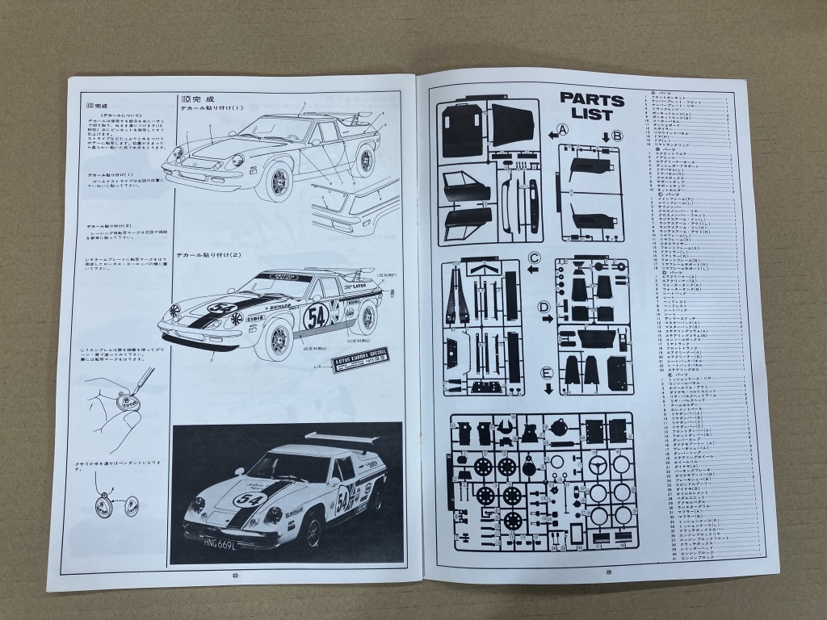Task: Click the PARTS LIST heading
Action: pos(592,107)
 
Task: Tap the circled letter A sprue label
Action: pos(563,128)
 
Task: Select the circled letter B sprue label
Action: pos(617,136)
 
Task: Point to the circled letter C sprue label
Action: pos(534,258)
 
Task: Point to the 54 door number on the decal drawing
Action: pos(316,316)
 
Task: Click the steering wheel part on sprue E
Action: pos(598,464)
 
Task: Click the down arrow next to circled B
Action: pos(605,136)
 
